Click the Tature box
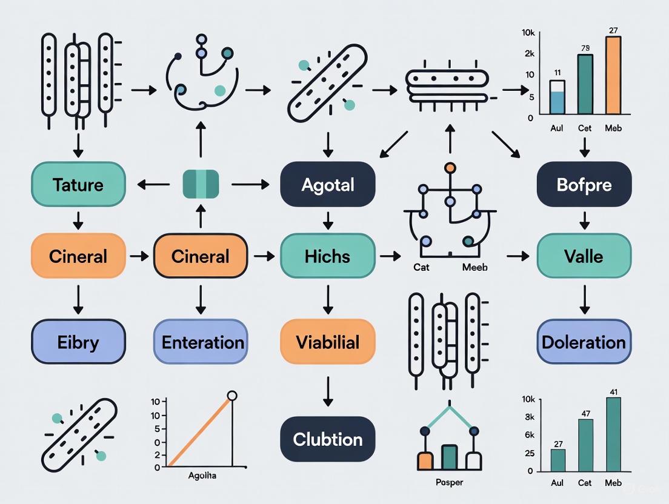(78, 184)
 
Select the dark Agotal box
(327, 184)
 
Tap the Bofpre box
(584, 184)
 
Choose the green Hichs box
(327, 256)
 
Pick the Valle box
(584, 256)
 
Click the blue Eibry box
(78, 342)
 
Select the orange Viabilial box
(327, 342)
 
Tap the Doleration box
(584, 342)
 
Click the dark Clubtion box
(327, 439)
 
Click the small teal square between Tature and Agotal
(201, 184)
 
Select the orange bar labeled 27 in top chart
(613, 75)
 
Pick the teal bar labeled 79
(585, 84)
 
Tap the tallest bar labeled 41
(613, 434)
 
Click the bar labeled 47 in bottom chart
(585, 445)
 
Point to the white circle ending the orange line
(231, 396)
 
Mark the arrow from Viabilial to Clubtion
(327, 391)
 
